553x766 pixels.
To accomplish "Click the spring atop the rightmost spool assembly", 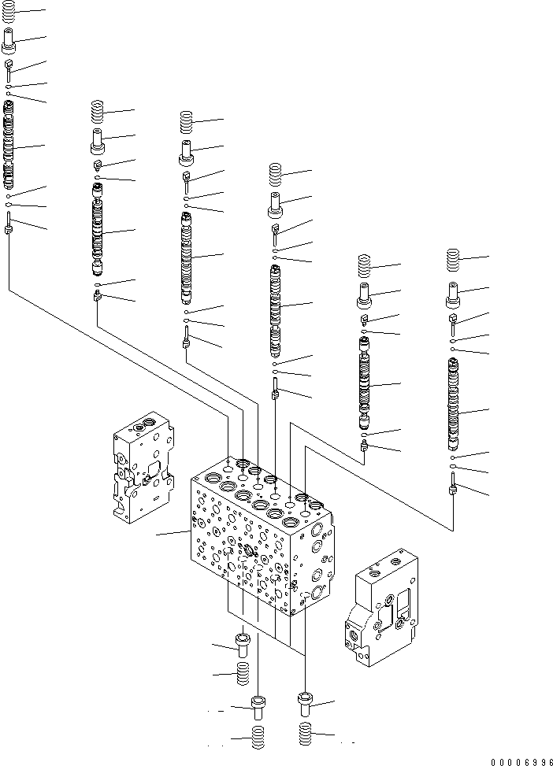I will (453, 260).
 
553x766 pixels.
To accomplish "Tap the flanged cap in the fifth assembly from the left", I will (364, 298).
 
